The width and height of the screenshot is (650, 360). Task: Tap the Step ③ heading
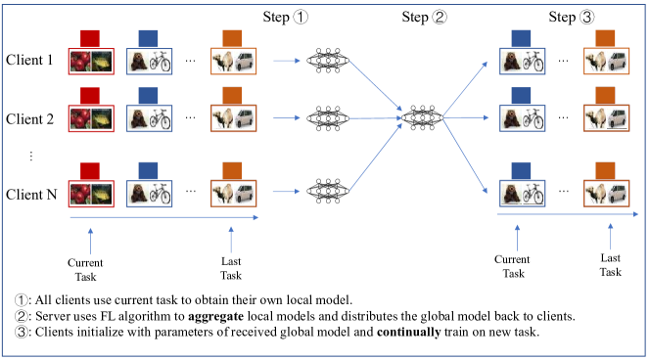coord(575,18)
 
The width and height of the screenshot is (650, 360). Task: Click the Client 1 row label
coord(30,62)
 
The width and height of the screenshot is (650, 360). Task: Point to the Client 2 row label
coord(30,119)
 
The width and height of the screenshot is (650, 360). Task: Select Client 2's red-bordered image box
coord(90,119)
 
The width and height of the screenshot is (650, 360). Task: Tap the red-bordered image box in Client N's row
coord(90,192)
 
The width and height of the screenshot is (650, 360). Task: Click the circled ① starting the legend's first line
coord(22,299)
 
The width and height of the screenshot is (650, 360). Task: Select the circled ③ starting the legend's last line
coord(22,334)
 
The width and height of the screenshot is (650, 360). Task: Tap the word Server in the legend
coord(56,316)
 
